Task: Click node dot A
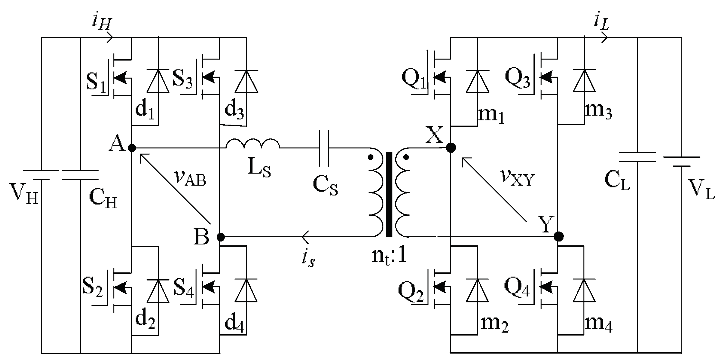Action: pos(131,148)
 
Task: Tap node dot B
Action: pos(221,237)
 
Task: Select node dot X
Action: pos(451,148)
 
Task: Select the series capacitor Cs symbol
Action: pos(324,148)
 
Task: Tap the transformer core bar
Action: pos(389,194)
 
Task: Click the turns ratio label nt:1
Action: pos(389,256)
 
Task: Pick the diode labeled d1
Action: pos(158,81)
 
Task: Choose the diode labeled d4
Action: pos(246,290)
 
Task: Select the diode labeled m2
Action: pos(477,290)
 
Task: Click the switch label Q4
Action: pos(517,288)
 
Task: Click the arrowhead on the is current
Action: pos(305,237)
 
